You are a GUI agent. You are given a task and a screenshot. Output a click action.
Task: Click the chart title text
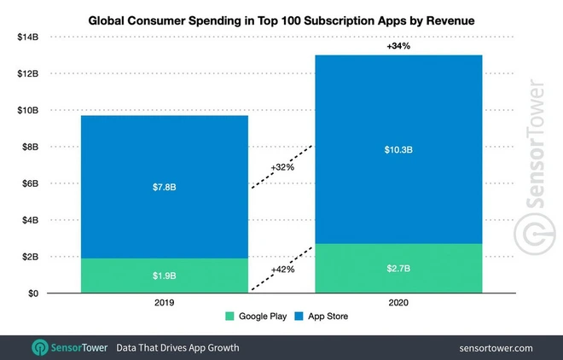(281, 18)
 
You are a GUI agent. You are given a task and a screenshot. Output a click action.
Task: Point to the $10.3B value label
(399, 149)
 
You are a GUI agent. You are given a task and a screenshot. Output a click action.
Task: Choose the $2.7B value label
(399, 269)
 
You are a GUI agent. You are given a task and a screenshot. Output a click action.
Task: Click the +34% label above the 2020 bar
(399, 46)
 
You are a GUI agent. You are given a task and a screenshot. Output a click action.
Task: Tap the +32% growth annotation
(281, 167)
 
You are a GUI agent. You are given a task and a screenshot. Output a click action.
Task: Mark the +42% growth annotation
(281, 269)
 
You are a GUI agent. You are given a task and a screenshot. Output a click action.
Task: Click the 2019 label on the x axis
(165, 303)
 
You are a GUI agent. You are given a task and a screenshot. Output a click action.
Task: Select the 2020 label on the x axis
(399, 303)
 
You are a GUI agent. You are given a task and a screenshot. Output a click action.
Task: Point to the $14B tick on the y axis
(29, 38)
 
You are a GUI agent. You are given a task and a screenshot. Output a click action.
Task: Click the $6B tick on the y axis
(32, 183)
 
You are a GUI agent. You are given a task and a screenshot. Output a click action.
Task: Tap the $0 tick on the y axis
(34, 293)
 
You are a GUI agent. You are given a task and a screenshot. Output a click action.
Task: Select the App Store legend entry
(322, 316)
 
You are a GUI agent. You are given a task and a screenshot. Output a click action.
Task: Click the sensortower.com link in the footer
(495, 348)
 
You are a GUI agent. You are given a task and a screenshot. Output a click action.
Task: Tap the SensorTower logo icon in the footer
(40, 348)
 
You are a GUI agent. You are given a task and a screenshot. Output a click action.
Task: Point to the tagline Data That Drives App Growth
(177, 348)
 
